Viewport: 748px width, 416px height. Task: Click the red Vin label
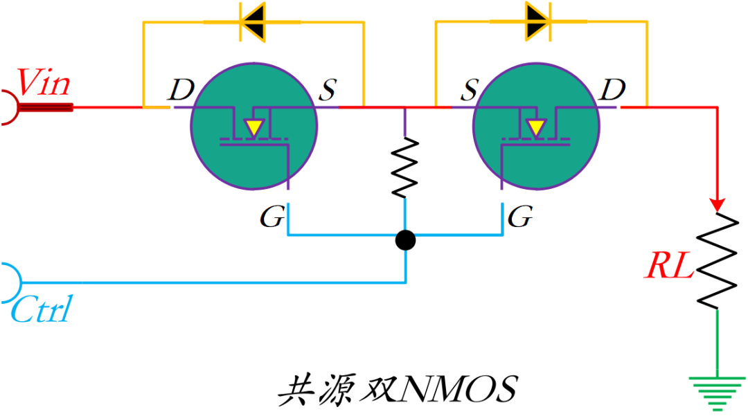[44, 83]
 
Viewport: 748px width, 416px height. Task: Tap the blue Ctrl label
[41, 310]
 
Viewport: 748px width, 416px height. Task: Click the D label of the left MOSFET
[181, 89]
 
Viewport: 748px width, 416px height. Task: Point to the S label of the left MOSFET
[328, 89]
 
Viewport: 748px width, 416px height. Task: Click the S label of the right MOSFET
[471, 89]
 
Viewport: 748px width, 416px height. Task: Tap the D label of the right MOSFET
[612, 89]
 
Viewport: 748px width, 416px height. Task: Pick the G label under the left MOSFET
[271, 218]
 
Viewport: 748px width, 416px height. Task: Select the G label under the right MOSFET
[520, 218]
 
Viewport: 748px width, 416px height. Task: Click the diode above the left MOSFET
[253, 21]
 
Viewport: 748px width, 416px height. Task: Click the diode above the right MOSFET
[537, 21]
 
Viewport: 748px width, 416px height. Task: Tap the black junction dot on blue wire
[405, 240]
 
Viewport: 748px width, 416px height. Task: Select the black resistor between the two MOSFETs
[405, 167]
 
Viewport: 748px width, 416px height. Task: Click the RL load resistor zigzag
[718, 260]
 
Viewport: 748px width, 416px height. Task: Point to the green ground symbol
[718, 392]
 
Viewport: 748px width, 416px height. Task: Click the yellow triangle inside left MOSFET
[254, 128]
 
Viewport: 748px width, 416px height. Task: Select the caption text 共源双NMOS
[397, 390]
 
